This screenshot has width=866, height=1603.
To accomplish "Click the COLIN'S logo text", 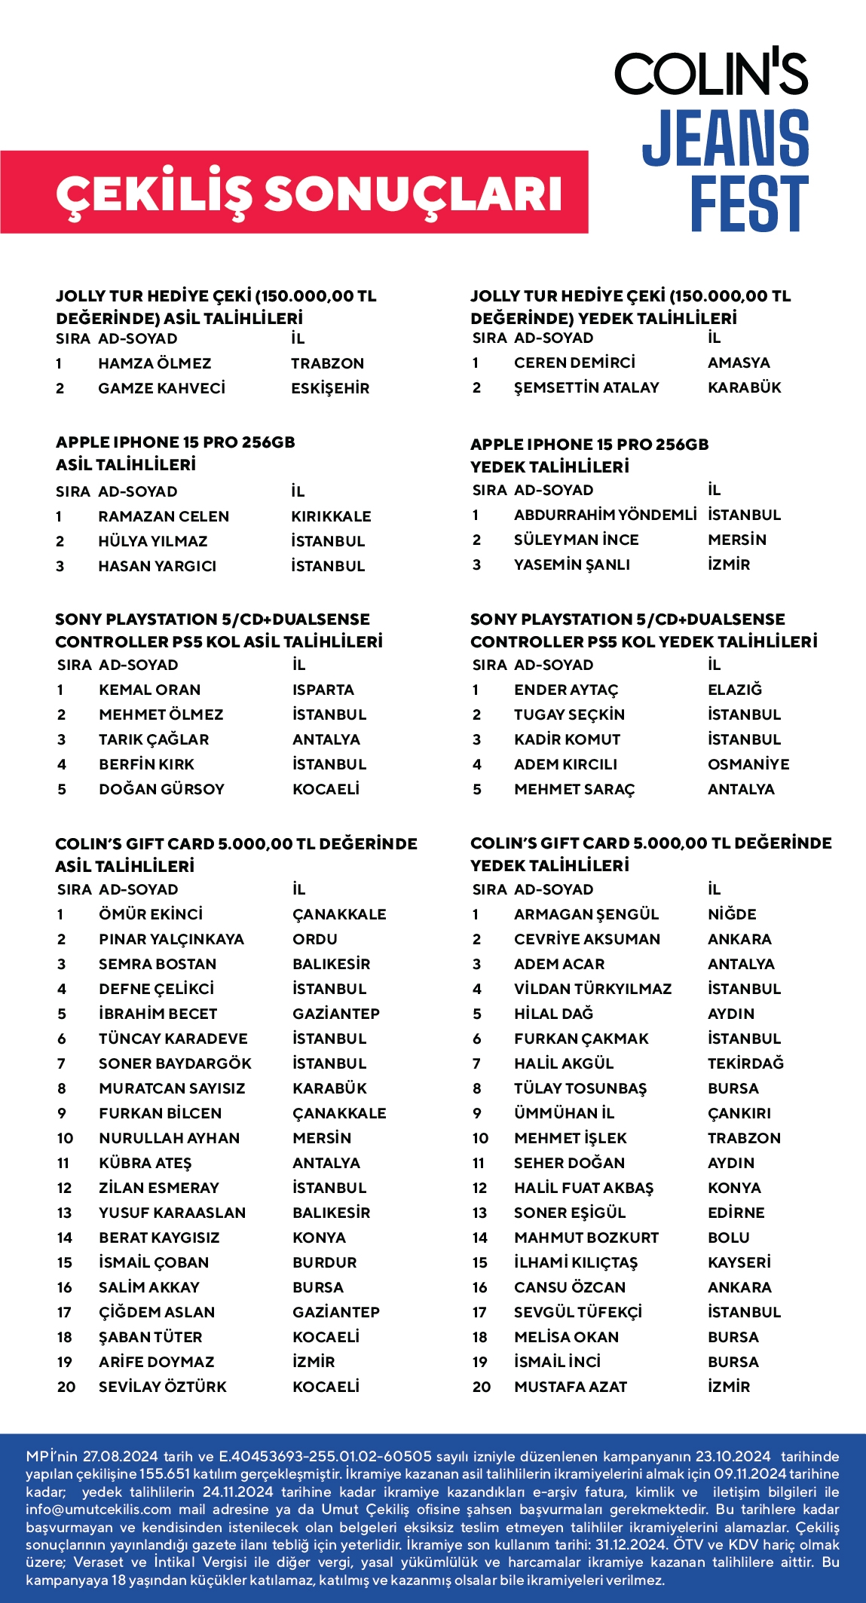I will (x=711, y=73).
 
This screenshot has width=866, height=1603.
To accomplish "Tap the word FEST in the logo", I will (x=749, y=203).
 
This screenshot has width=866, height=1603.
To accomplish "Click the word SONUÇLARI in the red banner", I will (x=413, y=193).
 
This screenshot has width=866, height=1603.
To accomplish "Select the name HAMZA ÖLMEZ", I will (x=155, y=363).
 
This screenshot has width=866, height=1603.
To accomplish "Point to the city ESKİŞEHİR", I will (x=330, y=388).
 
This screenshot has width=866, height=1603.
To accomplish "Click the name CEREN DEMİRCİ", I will (x=574, y=363).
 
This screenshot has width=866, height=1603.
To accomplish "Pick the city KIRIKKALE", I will (x=331, y=516).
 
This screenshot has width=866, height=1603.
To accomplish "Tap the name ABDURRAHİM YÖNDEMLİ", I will (x=605, y=515).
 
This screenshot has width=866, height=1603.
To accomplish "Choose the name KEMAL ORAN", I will (x=149, y=690).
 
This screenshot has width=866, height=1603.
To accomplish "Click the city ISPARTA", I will (x=323, y=690).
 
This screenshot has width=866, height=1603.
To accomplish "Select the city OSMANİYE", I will (x=748, y=764).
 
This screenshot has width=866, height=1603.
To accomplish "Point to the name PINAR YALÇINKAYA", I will (x=171, y=939).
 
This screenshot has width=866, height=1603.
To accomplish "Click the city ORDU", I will (x=314, y=939).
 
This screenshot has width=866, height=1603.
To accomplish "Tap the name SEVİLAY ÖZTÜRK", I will (x=162, y=1387).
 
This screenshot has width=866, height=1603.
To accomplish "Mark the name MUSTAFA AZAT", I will (x=570, y=1387).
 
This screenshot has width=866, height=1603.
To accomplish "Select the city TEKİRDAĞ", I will (x=745, y=1063).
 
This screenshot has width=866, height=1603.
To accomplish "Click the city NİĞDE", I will (x=731, y=914).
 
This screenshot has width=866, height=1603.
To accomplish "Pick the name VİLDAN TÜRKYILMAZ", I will (x=592, y=989).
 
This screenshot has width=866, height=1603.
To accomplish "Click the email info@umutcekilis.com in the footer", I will (x=99, y=1509).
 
